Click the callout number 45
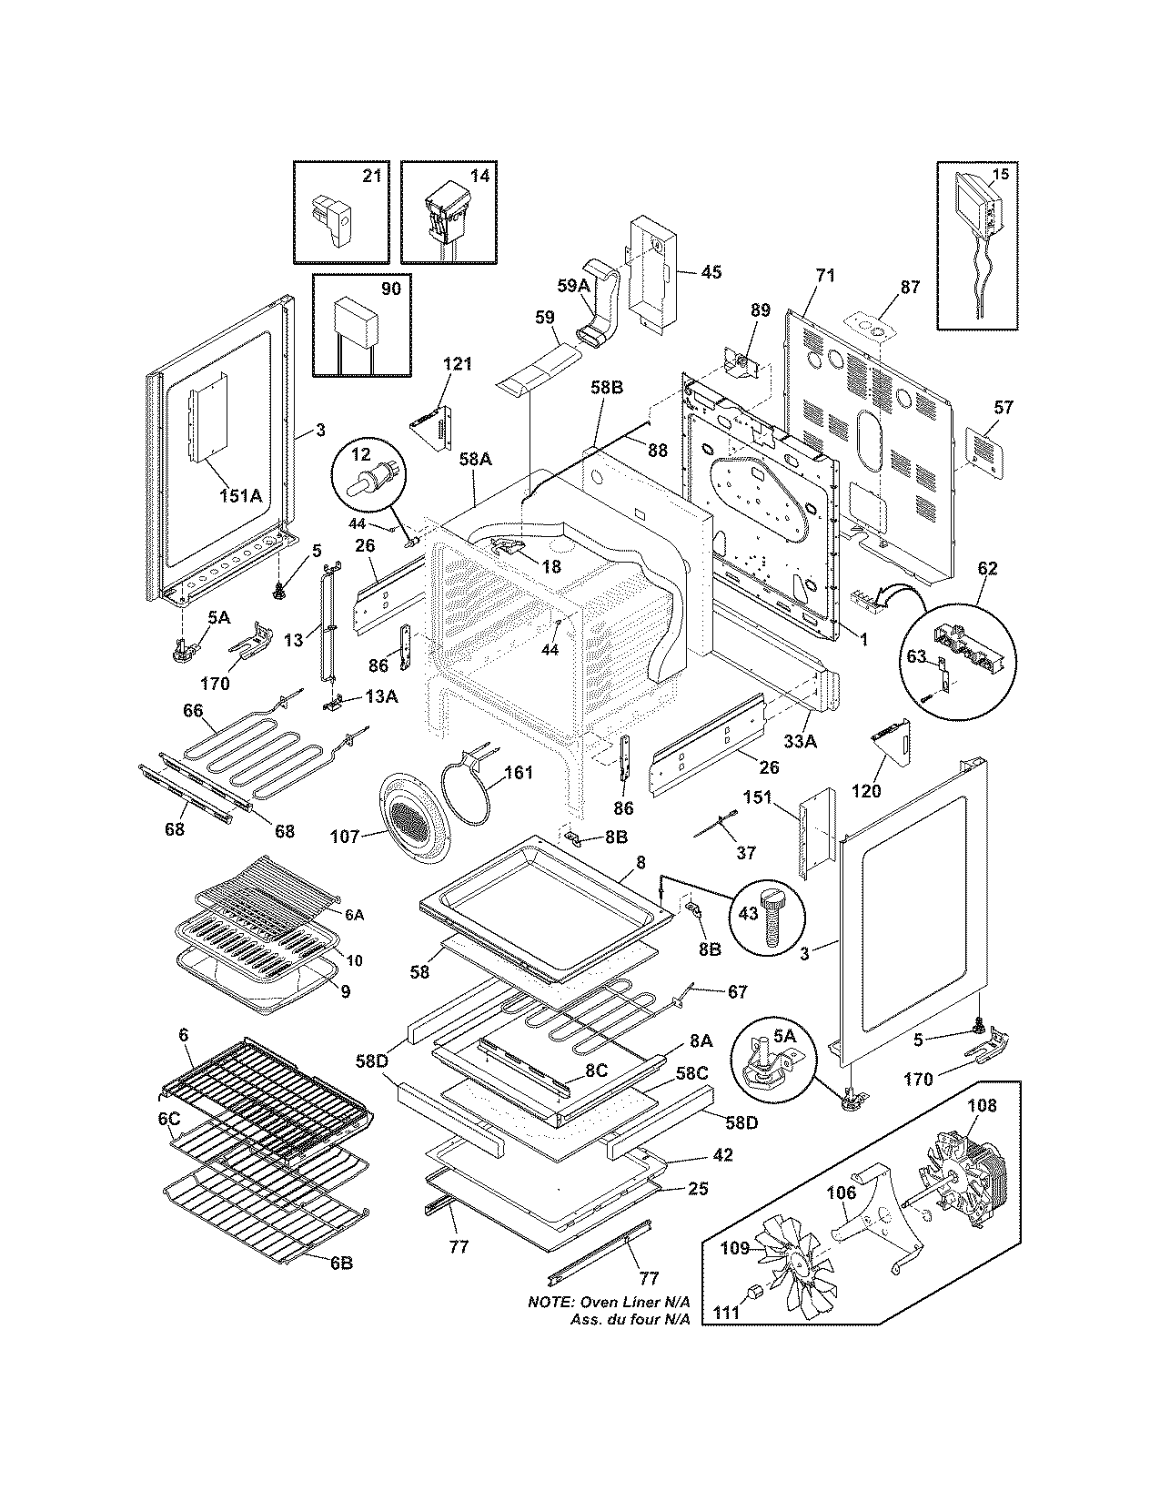point(711,272)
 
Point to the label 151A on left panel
point(239,496)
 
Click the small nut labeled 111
point(755,1292)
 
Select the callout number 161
point(519,774)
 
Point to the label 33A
point(801,742)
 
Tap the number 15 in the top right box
point(1000,174)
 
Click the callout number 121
point(458,364)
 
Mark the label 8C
point(596,1071)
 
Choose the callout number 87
point(910,287)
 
